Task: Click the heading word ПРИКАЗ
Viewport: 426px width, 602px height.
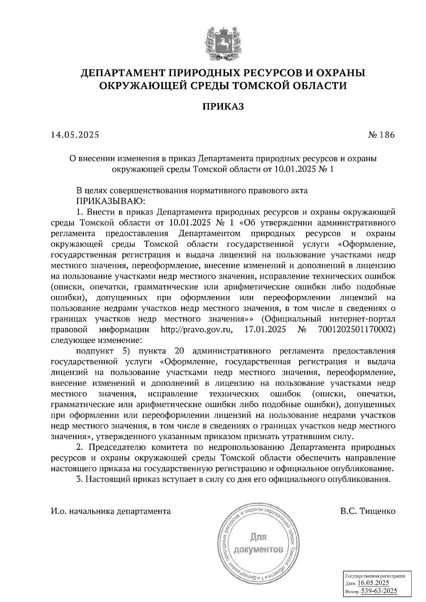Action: pyautogui.click(x=223, y=107)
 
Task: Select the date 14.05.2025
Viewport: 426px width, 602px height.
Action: pyautogui.click(x=75, y=135)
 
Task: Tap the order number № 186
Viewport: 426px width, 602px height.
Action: pyautogui.click(x=381, y=135)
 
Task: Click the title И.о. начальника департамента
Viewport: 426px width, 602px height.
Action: pyautogui.click(x=110, y=511)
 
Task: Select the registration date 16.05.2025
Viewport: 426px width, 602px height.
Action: pyautogui.click(x=373, y=583)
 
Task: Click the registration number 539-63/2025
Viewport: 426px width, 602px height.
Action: pyautogui.click(x=379, y=591)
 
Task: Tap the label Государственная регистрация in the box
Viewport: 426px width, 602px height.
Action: pyautogui.click(x=375, y=576)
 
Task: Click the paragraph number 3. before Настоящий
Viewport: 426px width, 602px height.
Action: pyautogui.click(x=80, y=480)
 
